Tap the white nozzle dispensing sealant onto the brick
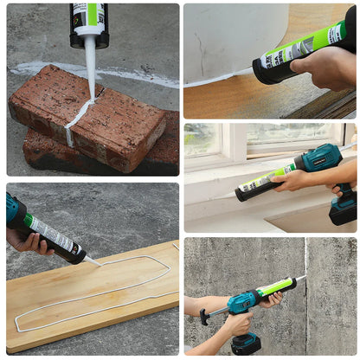click(x=90, y=61)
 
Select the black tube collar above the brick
click(x=89, y=35)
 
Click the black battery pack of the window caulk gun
click(x=344, y=209)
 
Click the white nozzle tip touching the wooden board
click(x=95, y=261)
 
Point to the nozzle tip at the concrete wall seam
click(x=304, y=278)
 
